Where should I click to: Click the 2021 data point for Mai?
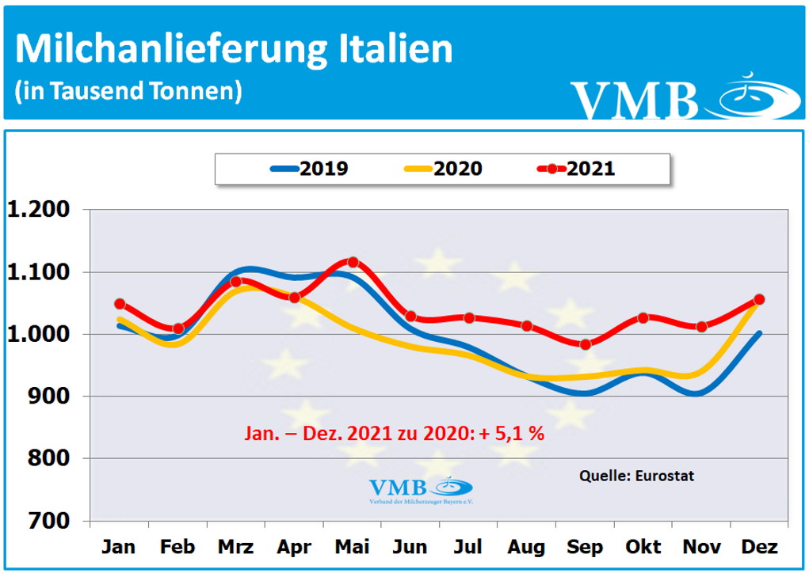(x=353, y=262)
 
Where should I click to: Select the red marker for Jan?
(x=120, y=303)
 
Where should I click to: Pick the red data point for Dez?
(x=758, y=299)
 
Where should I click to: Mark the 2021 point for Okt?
(x=643, y=317)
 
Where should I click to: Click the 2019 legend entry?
(x=310, y=169)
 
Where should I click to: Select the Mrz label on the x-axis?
(x=235, y=547)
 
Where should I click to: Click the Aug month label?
(x=527, y=547)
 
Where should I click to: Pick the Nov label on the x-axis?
(x=701, y=547)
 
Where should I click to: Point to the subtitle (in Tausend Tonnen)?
(x=128, y=90)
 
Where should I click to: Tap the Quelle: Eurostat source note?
(x=637, y=476)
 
